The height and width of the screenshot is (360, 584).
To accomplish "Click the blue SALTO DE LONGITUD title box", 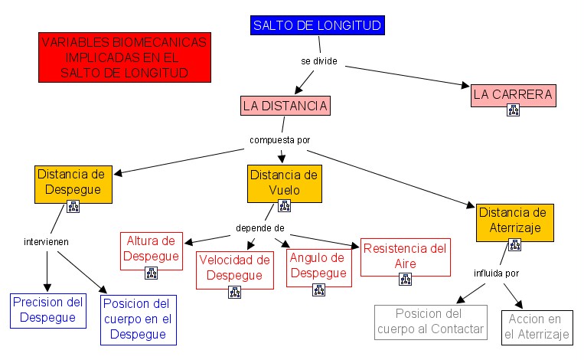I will click(317, 26).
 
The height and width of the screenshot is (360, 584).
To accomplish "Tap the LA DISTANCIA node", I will click(285, 105).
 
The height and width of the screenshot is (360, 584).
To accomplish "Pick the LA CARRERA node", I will click(513, 95).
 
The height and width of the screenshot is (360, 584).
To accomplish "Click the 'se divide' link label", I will click(318, 61).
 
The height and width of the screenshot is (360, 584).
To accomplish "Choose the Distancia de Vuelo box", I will click(284, 182).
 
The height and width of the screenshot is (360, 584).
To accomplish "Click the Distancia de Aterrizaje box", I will click(515, 220).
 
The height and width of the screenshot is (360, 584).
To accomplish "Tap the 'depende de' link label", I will click(260, 227).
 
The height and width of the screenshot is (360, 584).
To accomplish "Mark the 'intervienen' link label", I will click(47, 241).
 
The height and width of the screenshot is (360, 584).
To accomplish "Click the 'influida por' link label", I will click(496, 272).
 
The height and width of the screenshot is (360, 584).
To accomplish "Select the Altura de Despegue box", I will click(152, 248).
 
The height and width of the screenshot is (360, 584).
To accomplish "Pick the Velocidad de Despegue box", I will click(235, 267).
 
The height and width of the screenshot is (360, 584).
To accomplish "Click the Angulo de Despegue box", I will click(318, 265).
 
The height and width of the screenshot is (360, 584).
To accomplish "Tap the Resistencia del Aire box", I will click(405, 256).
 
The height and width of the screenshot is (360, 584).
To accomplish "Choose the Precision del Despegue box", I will click(47, 309).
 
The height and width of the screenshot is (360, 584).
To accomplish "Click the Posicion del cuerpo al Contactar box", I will click(431, 322).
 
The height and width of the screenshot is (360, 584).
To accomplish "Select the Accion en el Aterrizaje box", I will click(537, 327).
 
